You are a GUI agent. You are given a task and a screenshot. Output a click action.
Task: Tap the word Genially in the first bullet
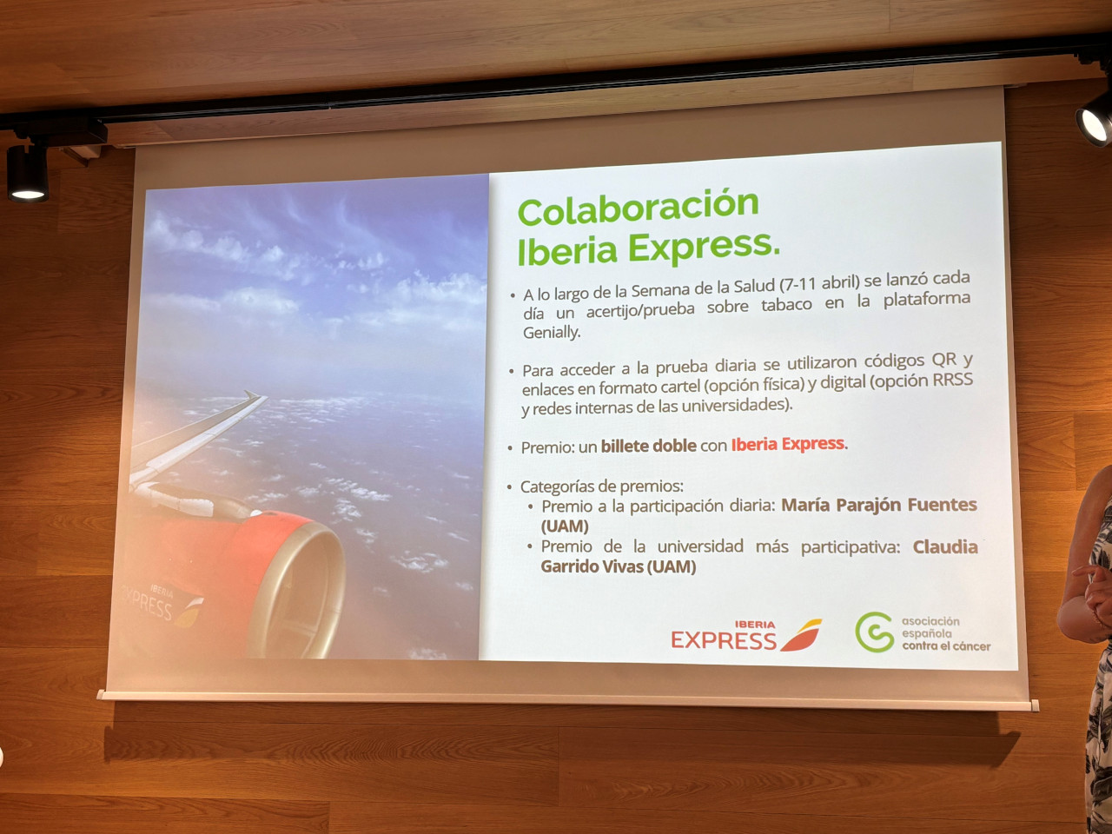click(x=551, y=333)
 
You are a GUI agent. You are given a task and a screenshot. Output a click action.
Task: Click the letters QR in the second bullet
click(x=944, y=359)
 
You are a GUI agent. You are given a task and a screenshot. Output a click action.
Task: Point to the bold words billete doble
click(x=648, y=447)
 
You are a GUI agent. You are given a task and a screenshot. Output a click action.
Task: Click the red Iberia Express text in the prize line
click(x=788, y=444)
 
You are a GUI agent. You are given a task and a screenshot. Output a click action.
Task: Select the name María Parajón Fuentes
click(x=879, y=505)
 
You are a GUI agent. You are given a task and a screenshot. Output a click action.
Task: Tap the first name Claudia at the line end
click(x=945, y=547)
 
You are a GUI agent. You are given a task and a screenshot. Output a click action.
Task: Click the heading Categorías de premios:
click(x=602, y=486)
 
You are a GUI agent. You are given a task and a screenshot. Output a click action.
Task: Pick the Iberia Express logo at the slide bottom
click(x=745, y=635)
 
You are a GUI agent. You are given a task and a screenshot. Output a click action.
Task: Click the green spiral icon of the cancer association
click(x=875, y=632)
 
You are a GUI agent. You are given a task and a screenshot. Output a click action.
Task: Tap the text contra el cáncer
click(x=946, y=646)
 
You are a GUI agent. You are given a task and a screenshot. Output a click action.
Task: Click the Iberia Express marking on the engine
click(x=161, y=606)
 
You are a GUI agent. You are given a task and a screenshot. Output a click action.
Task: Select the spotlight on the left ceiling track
click(x=27, y=175)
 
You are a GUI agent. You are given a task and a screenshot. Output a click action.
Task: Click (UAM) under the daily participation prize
click(x=565, y=526)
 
